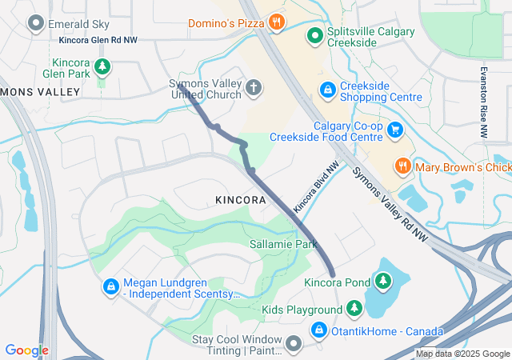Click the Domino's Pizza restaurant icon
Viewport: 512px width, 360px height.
276,22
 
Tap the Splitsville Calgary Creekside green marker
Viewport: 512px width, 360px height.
316,34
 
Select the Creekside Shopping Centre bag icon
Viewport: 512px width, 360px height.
326,90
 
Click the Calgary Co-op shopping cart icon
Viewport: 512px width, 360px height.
394,129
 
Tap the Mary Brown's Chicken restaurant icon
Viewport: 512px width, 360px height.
403,166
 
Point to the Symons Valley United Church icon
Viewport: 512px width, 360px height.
253,86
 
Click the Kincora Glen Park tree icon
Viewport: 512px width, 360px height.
102,66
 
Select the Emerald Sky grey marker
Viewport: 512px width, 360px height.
35,24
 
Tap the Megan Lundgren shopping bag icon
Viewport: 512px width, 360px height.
110,286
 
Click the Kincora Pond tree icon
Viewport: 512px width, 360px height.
383,282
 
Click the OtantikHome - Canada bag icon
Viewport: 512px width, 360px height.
319,330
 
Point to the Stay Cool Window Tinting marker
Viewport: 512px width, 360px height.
294,344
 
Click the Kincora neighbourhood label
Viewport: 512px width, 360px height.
239,198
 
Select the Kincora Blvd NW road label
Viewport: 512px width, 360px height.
316,186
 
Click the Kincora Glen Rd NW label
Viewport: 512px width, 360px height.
98,39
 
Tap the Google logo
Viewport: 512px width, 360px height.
26,350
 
